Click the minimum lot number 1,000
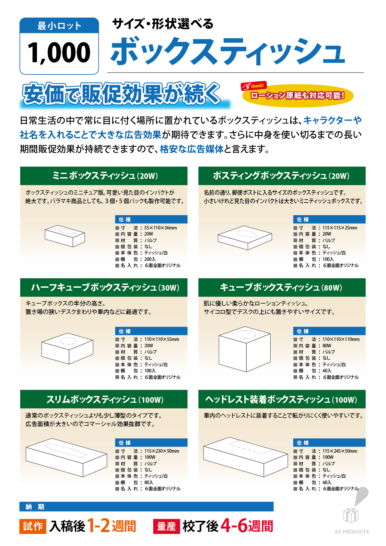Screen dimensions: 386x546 [59, 52]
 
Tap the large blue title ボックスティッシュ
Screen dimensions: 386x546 [228, 51]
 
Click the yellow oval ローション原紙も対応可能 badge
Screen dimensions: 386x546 [298, 96]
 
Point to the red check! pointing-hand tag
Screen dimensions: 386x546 [253, 86]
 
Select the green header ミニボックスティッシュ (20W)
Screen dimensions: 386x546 [104, 176]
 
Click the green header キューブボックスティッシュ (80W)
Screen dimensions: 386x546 [282, 287]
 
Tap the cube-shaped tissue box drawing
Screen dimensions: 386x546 [245, 349]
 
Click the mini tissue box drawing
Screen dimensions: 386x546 [64, 236]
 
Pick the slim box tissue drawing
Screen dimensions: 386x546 [66, 458]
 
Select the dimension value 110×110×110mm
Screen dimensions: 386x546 [341, 339]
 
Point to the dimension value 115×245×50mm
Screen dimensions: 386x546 [340, 451]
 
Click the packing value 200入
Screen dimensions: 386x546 [150, 259]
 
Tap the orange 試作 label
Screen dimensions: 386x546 [33, 526]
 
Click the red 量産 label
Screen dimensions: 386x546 [167, 526]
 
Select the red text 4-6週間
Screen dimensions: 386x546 [246, 526]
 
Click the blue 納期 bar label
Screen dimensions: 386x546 [35, 507]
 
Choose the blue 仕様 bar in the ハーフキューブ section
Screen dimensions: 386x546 [151, 331]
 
